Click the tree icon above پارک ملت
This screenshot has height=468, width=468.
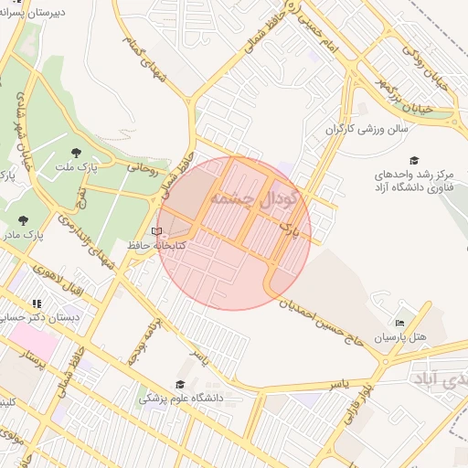[75, 153]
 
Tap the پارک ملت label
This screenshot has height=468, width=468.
[75, 167]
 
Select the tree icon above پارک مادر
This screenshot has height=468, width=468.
[23, 220]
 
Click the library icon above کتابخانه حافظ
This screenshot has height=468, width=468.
[156, 231]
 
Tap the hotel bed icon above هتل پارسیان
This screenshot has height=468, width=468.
[399, 323]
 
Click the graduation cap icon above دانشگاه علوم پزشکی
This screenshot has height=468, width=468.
[179, 385]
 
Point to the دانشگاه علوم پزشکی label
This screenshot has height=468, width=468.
[179, 399]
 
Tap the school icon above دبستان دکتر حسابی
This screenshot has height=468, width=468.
[37, 303]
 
